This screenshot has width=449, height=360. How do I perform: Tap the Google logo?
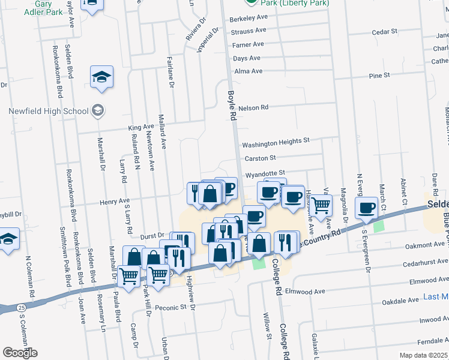point(20,353)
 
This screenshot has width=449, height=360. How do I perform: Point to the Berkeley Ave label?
point(248,19)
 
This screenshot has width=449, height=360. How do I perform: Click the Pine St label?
point(379,75)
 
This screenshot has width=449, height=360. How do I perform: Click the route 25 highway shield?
point(22,307)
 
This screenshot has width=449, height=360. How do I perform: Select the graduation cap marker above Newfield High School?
point(102,77)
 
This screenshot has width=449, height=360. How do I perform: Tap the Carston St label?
point(260,158)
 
